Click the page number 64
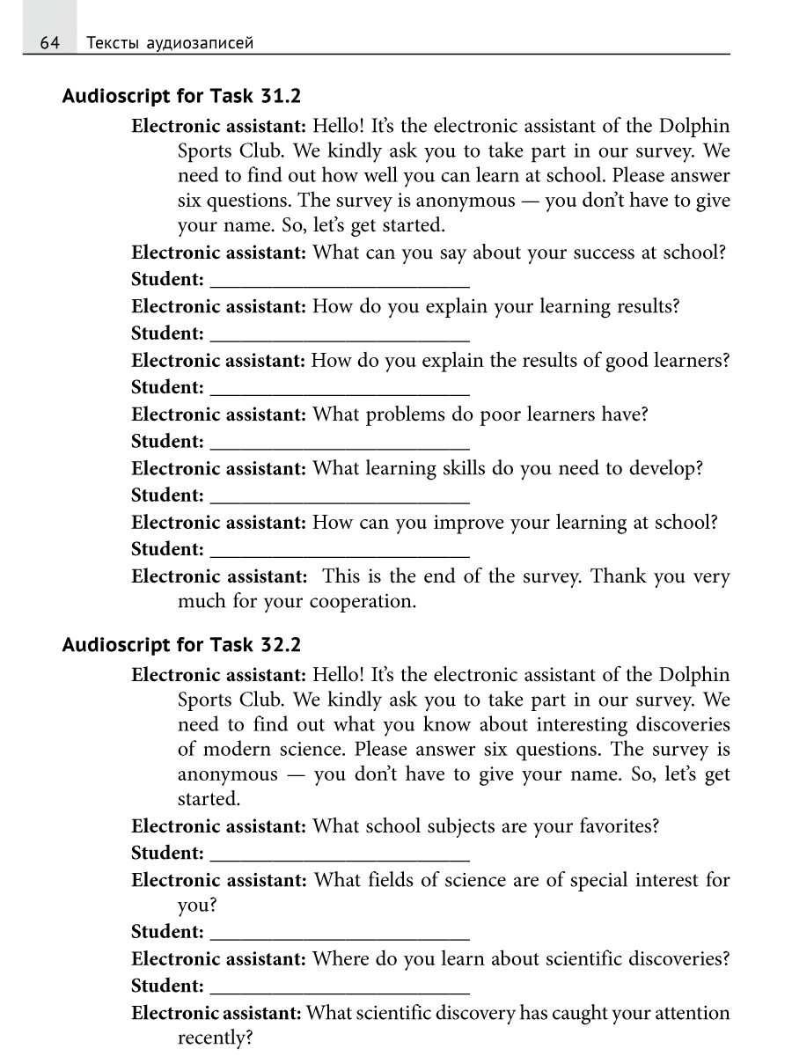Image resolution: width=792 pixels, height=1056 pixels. tap(49, 42)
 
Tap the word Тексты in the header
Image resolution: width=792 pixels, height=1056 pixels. tap(110, 42)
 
